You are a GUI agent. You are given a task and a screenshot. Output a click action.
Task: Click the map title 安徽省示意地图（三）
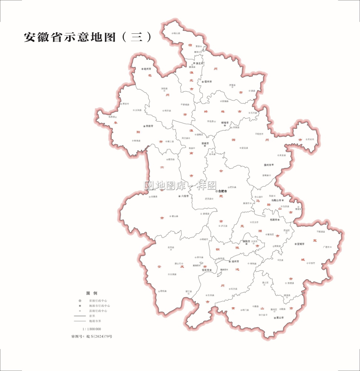(87, 37)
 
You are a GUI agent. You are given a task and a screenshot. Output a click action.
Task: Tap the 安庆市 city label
(206, 270)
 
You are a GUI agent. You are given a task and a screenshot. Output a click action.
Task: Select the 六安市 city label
(185, 196)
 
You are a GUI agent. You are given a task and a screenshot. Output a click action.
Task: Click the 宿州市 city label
(208, 82)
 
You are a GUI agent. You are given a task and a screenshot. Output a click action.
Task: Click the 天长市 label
(311, 139)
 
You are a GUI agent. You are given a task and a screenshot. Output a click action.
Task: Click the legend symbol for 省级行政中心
(80, 301)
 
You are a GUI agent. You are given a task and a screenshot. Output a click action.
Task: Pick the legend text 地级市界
(95, 321)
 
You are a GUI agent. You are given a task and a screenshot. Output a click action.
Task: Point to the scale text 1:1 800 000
(92, 329)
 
